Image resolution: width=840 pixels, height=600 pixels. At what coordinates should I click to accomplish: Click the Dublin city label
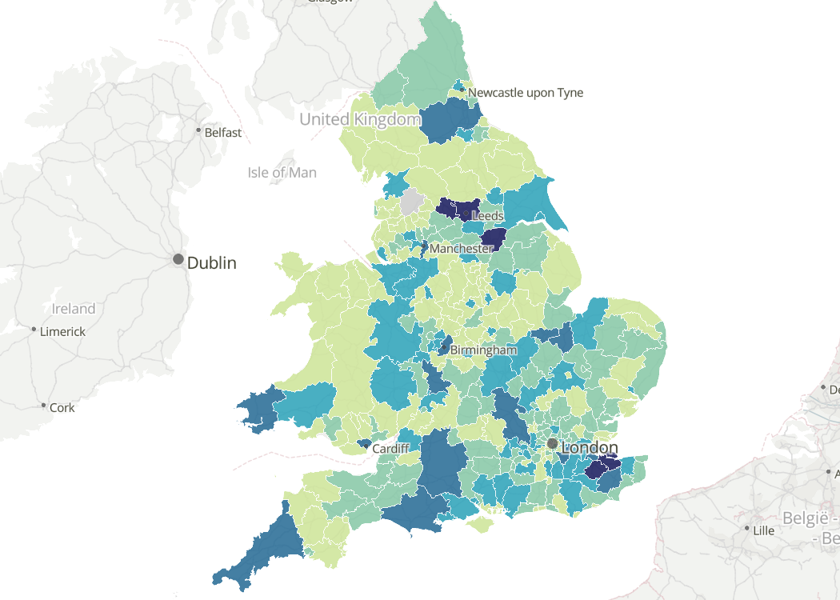click(x=212, y=262)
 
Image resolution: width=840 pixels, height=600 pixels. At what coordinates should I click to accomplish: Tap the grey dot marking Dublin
click(x=178, y=260)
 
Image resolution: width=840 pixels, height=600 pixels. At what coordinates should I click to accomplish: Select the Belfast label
click(x=223, y=133)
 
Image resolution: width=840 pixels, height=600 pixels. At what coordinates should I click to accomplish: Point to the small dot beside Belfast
click(x=199, y=130)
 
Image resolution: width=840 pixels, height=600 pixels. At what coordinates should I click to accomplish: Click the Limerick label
click(x=63, y=331)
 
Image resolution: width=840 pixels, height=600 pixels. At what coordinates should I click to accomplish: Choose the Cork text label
click(x=62, y=407)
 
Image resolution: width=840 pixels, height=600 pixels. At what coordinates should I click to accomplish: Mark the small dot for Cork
click(x=44, y=406)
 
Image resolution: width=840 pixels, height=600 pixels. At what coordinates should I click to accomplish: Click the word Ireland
click(x=74, y=309)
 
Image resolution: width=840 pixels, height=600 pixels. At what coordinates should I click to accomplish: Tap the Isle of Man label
click(x=282, y=173)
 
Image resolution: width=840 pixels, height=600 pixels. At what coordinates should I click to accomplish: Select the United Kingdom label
click(x=359, y=120)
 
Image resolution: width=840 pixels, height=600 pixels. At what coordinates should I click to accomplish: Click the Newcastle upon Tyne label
click(x=526, y=93)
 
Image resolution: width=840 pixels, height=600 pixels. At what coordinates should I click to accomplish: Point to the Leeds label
click(x=488, y=216)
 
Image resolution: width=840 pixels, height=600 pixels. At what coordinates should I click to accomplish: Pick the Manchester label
click(x=461, y=249)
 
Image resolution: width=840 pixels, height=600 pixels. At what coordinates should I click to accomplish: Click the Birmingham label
click(x=483, y=350)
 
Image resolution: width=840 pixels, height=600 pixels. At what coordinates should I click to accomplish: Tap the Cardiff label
click(x=391, y=449)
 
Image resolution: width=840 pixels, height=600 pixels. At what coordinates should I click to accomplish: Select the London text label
click(x=590, y=448)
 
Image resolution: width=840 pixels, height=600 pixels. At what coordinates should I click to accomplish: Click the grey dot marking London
click(x=552, y=443)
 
